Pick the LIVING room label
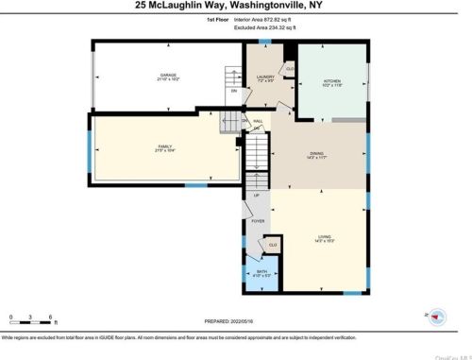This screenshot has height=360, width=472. tap(324, 238)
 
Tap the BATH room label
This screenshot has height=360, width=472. tap(262, 271)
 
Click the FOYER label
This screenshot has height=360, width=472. tap(258, 223)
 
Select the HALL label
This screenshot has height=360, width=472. tap(257, 121)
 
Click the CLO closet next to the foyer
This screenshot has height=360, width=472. tap(273, 245)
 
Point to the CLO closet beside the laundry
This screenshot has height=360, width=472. tap(289, 68)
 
